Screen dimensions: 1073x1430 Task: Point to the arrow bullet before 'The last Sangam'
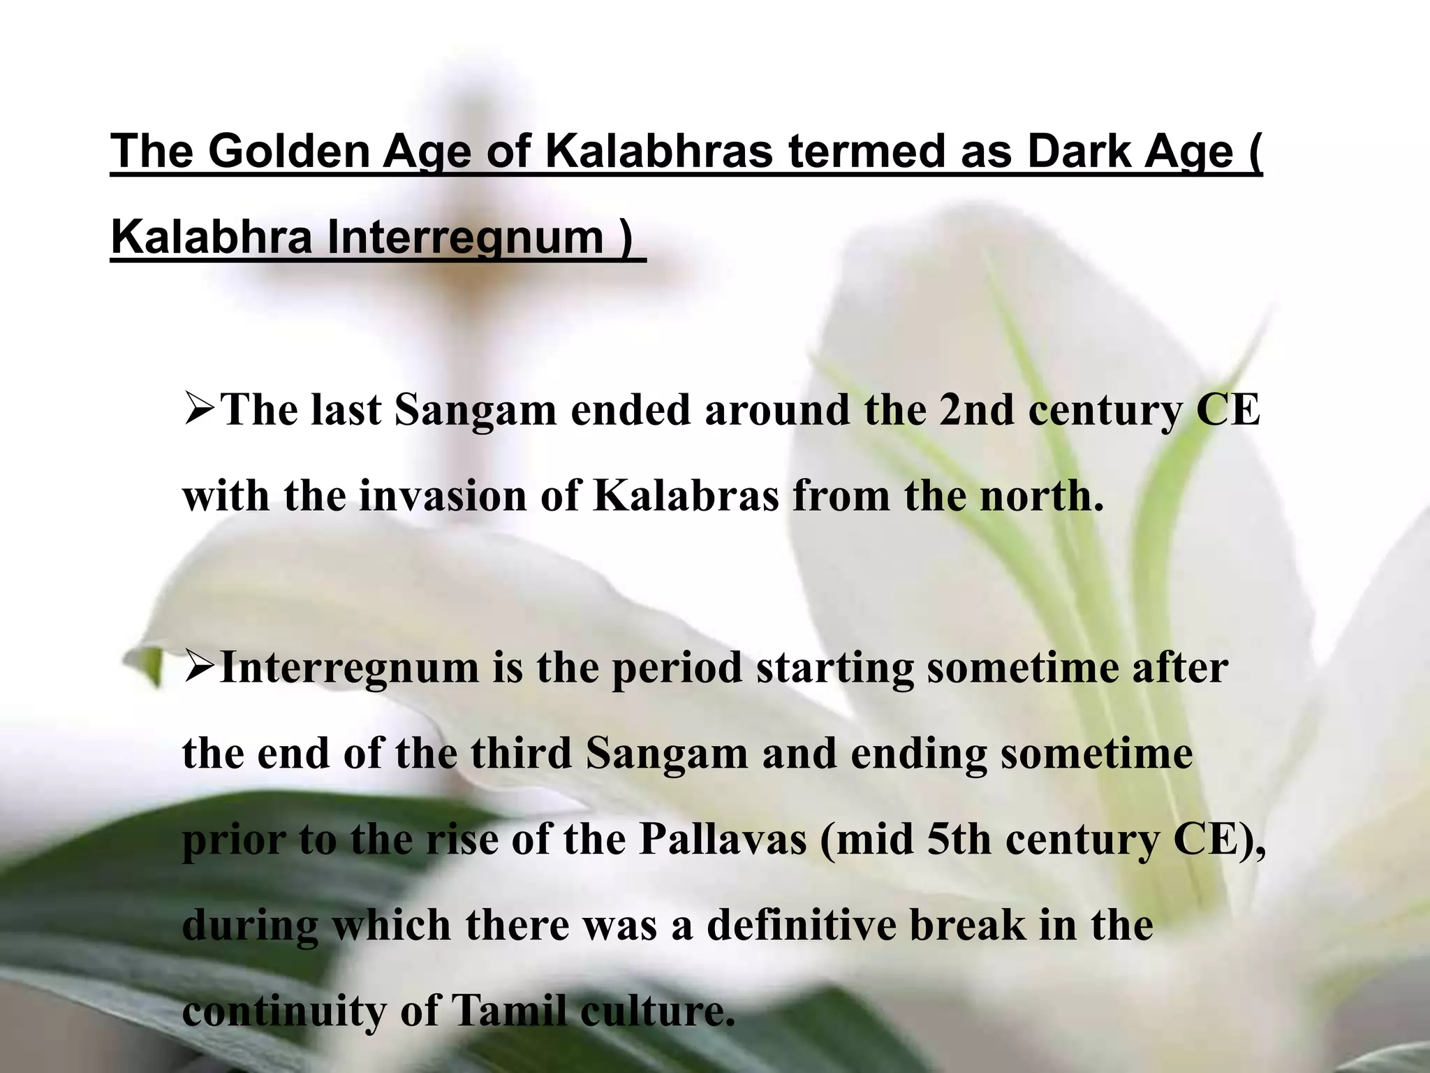pos(200,410)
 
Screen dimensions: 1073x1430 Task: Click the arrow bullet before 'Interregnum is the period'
pos(200,668)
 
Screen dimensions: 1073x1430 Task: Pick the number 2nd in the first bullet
pos(976,410)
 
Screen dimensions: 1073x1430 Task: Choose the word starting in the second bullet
pos(834,668)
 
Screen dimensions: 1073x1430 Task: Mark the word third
pos(521,754)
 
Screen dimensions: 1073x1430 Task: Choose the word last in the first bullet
pos(346,410)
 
